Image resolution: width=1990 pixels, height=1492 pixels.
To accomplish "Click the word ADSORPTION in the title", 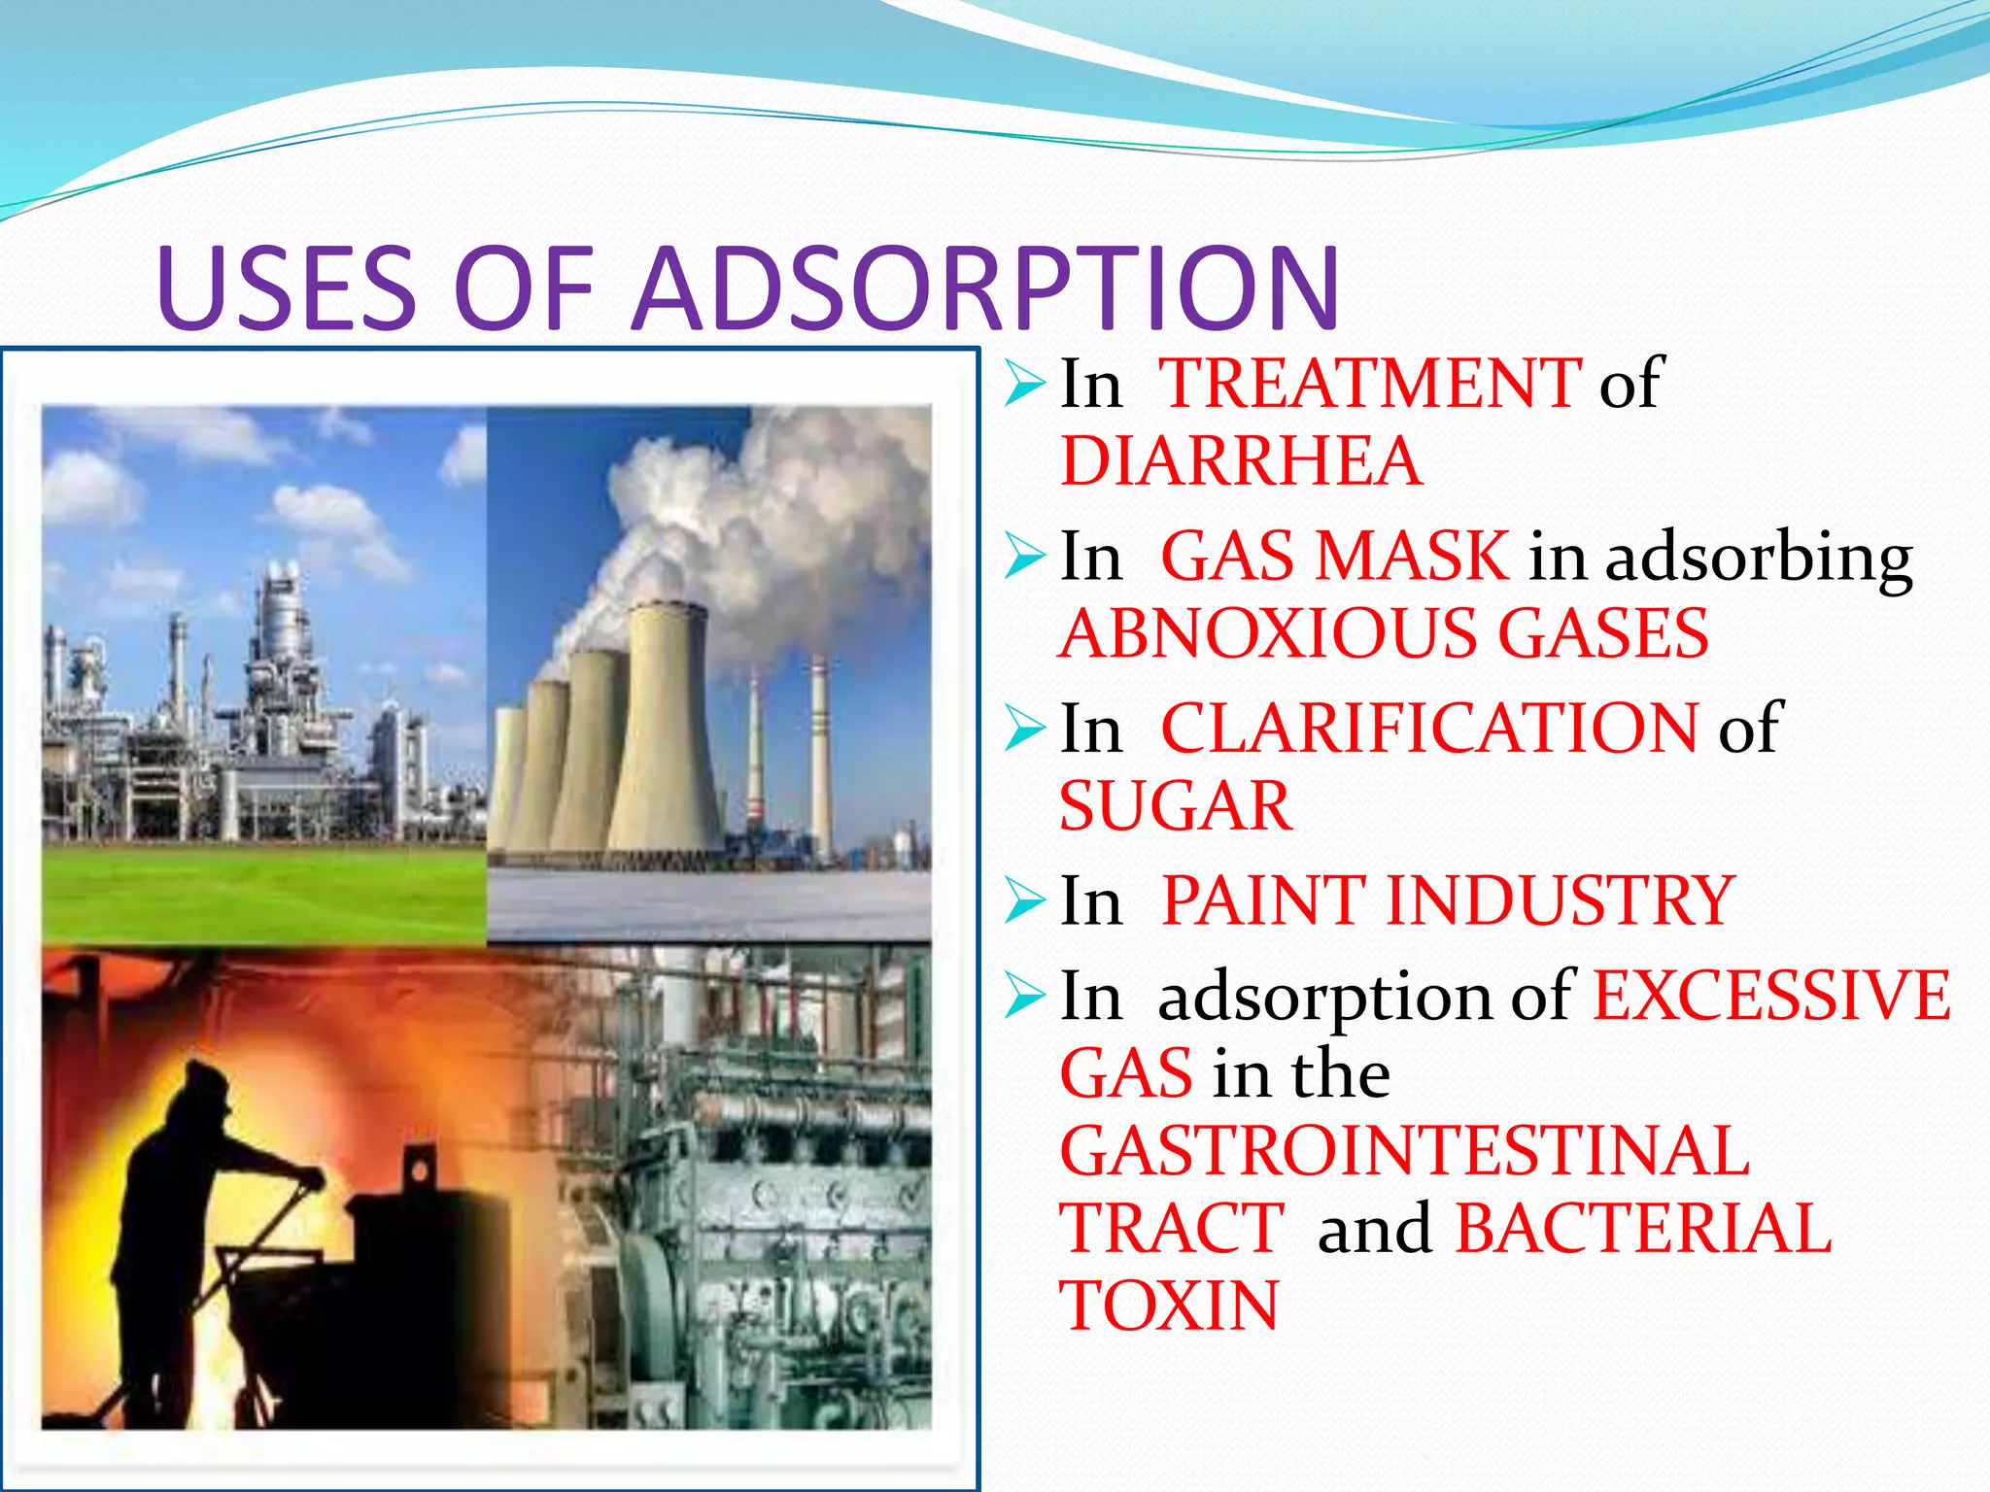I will (986, 289).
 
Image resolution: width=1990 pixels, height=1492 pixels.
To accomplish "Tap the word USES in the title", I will (287, 289).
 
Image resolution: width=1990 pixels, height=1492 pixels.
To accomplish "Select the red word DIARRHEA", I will (1241, 460).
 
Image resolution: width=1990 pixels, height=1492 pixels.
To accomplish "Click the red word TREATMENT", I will (1371, 384).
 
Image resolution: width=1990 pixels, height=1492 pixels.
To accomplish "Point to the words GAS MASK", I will (1335, 557).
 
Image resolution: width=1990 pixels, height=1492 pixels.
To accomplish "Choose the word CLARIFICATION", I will (1429, 729).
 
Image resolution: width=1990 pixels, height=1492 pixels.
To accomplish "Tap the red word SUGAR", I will (1176, 806).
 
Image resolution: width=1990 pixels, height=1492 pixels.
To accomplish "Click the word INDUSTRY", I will (1561, 900).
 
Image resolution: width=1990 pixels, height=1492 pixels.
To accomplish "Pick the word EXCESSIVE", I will (1771, 996).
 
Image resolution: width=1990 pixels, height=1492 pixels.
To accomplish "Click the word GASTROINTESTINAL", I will (1404, 1151).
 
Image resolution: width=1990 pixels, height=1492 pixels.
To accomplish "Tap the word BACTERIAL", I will (1643, 1229).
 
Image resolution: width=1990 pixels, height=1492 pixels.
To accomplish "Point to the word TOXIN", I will (1169, 1306).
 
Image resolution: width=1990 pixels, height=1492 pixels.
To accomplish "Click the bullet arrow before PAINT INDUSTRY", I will (1025, 900).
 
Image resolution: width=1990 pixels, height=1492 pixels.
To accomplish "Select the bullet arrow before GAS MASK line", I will (1025, 558).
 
